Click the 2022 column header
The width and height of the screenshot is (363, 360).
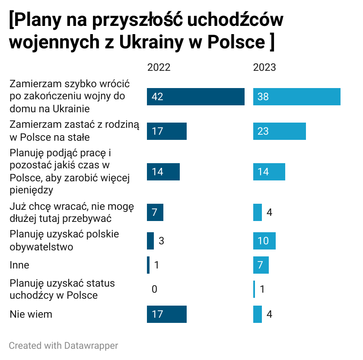(x=159, y=68)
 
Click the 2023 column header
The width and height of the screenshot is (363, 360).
(x=264, y=68)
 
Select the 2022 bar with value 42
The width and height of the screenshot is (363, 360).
(x=195, y=97)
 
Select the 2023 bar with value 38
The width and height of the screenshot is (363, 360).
(x=296, y=97)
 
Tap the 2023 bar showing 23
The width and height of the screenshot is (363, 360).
(x=279, y=131)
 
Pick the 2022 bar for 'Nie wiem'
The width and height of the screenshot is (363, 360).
(x=166, y=314)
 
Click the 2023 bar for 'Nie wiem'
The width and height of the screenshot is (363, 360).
(x=258, y=314)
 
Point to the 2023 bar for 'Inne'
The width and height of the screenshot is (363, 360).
(x=261, y=265)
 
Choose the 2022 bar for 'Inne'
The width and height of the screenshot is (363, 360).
(x=148, y=265)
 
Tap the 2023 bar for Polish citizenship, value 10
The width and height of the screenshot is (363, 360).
(x=264, y=241)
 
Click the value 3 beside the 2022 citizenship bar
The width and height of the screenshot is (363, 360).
(x=161, y=241)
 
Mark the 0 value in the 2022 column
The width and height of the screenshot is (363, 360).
(x=154, y=289)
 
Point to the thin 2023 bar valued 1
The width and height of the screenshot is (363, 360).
(x=254, y=289)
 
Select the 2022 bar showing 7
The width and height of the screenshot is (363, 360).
(x=155, y=212)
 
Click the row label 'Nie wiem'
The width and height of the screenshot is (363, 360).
(x=31, y=314)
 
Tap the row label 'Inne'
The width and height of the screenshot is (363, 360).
(x=19, y=265)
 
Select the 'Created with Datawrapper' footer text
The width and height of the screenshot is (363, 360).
(x=63, y=346)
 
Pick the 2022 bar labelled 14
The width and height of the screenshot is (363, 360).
(x=163, y=172)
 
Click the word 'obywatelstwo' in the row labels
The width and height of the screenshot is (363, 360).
(x=41, y=247)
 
